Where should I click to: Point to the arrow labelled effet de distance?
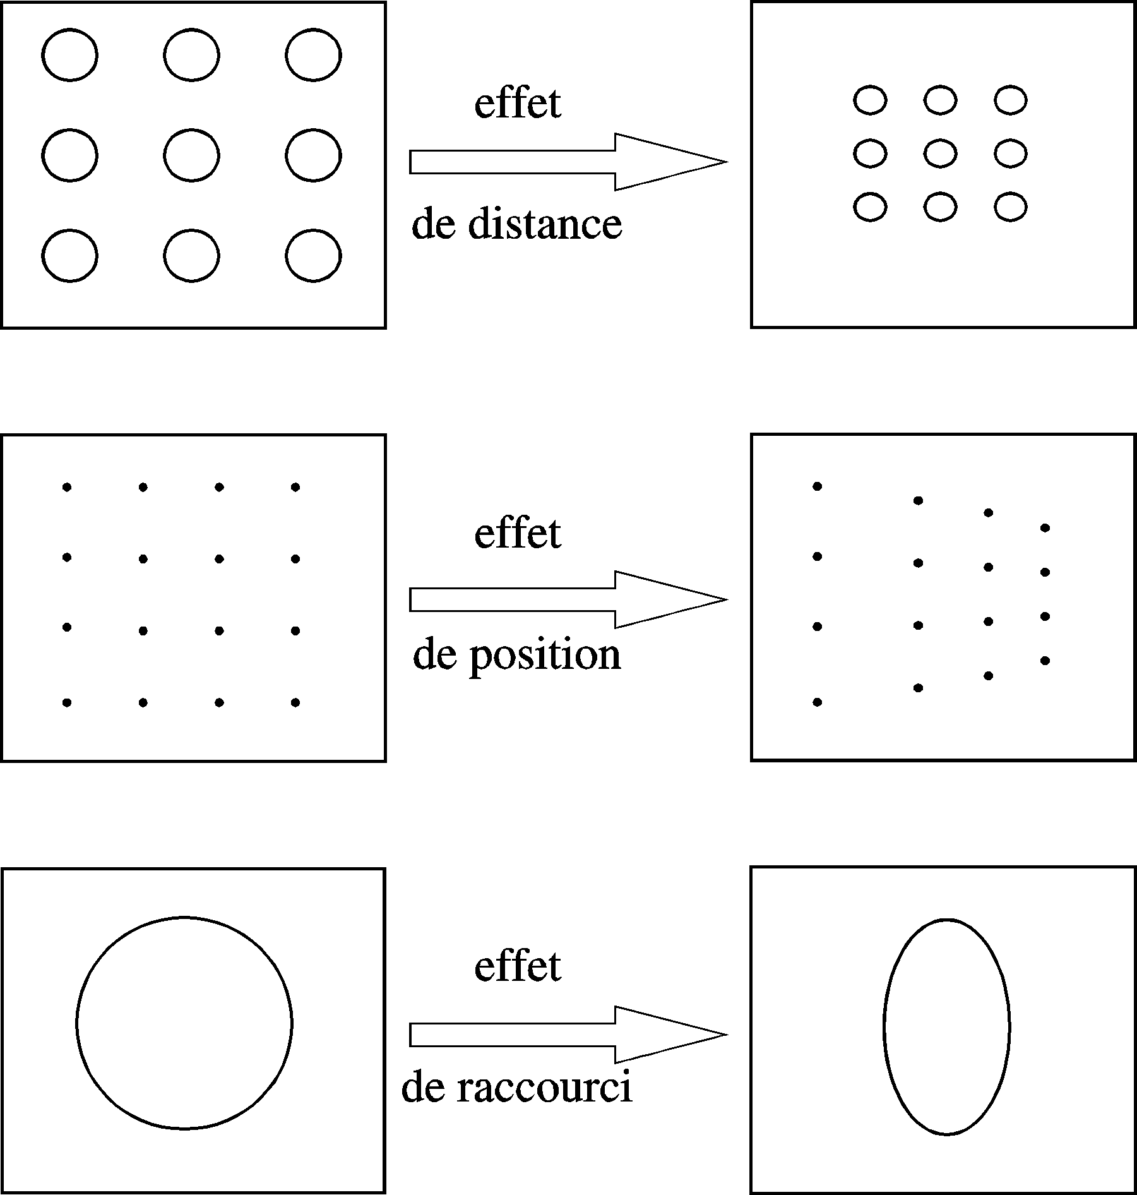click(568, 162)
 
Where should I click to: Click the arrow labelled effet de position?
click(568, 599)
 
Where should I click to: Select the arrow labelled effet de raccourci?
click(568, 1035)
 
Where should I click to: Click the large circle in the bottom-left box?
click(77, 1023)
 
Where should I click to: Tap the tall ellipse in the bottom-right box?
click(884, 1027)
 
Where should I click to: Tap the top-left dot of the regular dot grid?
click(67, 487)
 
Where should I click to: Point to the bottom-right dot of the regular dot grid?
click(295, 702)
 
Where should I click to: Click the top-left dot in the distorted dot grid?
click(817, 486)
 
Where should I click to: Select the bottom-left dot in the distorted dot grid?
click(817, 702)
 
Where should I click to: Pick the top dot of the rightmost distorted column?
click(1045, 527)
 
